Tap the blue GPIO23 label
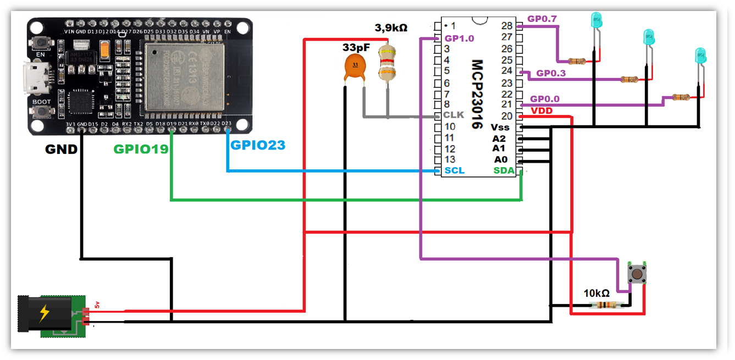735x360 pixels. (258, 146)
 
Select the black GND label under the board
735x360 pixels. (61, 149)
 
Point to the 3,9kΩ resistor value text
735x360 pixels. (391, 27)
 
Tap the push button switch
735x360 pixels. (637, 273)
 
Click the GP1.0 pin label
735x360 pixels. (459, 39)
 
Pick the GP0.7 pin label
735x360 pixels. (542, 19)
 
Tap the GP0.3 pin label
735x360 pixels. (551, 73)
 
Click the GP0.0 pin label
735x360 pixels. (545, 99)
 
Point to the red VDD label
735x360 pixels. (541, 111)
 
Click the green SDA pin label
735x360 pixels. (504, 171)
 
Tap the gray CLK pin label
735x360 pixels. (454, 115)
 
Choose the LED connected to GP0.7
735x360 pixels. (596, 21)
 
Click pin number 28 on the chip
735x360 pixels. (506, 26)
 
